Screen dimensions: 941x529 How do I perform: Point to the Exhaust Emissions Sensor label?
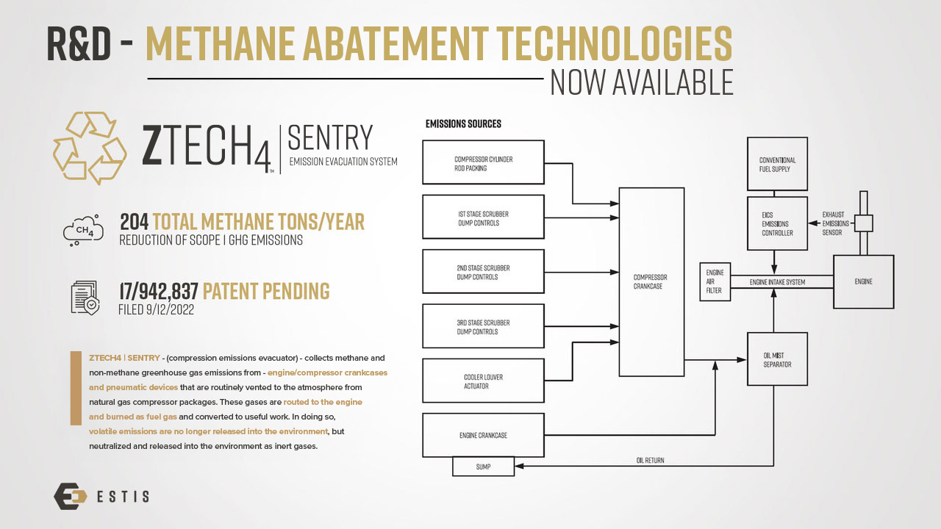pos(835,223)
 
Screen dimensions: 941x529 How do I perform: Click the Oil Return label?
pos(651,460)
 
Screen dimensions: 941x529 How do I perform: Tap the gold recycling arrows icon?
pos(90,148)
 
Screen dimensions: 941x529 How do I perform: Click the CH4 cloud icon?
pos(83,230)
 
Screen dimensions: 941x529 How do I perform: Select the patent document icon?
pos(85,298)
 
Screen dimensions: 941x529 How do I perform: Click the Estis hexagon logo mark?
pos(70,496)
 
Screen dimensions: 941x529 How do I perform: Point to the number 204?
pos(134,222)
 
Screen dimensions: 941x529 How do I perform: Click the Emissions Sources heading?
pos(463,124)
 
